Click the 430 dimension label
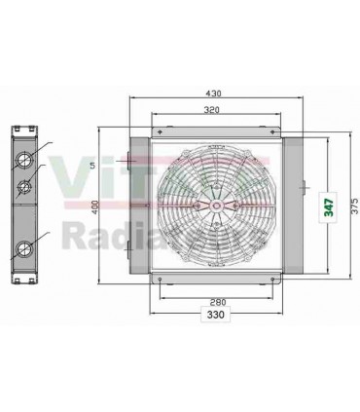(x=214, y=94)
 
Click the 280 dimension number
(x=214, y=302)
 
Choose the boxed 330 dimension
(x=214, y=315)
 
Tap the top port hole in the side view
(x=22, y=160)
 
